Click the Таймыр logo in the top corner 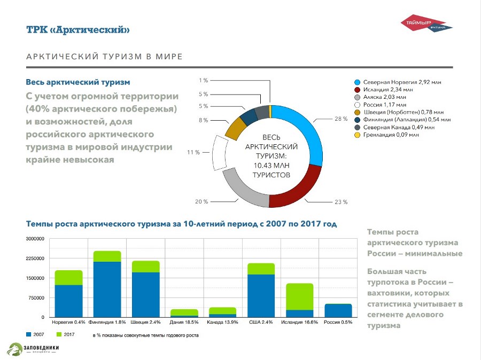(427, 24)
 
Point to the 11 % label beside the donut (193, 152)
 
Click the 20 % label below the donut (201, 202)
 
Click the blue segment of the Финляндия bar (107, 289)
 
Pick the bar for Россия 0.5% (338, 310)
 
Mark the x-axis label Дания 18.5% (184, 323)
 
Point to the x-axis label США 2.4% (261, 323)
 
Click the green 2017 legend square (60, 335)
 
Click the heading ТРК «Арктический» (78, 29)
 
